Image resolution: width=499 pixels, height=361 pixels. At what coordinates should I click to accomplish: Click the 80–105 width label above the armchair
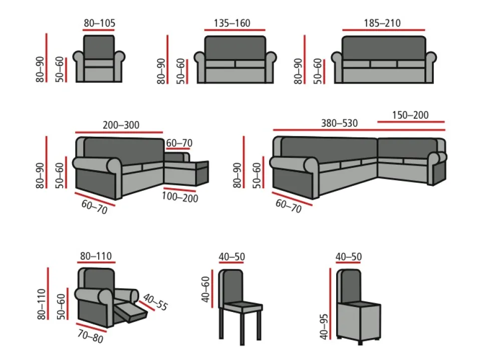pos(99,23)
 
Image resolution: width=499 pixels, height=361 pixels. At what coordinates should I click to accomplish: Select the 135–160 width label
pos(231,23)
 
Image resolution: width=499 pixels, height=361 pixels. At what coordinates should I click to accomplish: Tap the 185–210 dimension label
pos(382,23)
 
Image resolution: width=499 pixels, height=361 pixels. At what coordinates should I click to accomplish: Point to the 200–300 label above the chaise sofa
pos(121,125)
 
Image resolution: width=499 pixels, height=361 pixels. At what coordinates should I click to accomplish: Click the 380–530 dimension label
pos(339,123)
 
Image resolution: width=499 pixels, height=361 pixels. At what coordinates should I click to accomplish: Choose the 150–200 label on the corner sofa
pos(410,115)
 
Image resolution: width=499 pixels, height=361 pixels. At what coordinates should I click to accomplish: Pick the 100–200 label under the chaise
pos(180,197)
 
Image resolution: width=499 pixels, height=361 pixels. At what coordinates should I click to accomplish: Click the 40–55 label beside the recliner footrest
pos(155,302)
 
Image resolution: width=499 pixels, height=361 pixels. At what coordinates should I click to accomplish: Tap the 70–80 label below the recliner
pos(90,336)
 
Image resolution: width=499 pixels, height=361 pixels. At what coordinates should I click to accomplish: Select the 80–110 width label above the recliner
pos(96,256)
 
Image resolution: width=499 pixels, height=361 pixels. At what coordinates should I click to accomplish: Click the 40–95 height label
pos(324,326)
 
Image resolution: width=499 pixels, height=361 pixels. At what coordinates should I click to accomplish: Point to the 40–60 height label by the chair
pos(206,289)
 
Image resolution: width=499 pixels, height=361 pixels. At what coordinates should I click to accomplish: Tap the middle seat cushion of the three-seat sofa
pos(383,64)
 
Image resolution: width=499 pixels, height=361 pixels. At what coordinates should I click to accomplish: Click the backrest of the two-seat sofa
pos(235,48)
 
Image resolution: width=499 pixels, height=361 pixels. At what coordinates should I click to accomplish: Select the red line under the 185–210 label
pos(383,30)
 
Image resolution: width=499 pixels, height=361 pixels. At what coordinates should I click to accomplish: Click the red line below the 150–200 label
pos(411,122)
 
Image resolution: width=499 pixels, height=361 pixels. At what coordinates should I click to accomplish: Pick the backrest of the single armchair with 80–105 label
pos(99,47)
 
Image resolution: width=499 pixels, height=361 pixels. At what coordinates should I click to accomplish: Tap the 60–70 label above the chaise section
pos(179,143)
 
